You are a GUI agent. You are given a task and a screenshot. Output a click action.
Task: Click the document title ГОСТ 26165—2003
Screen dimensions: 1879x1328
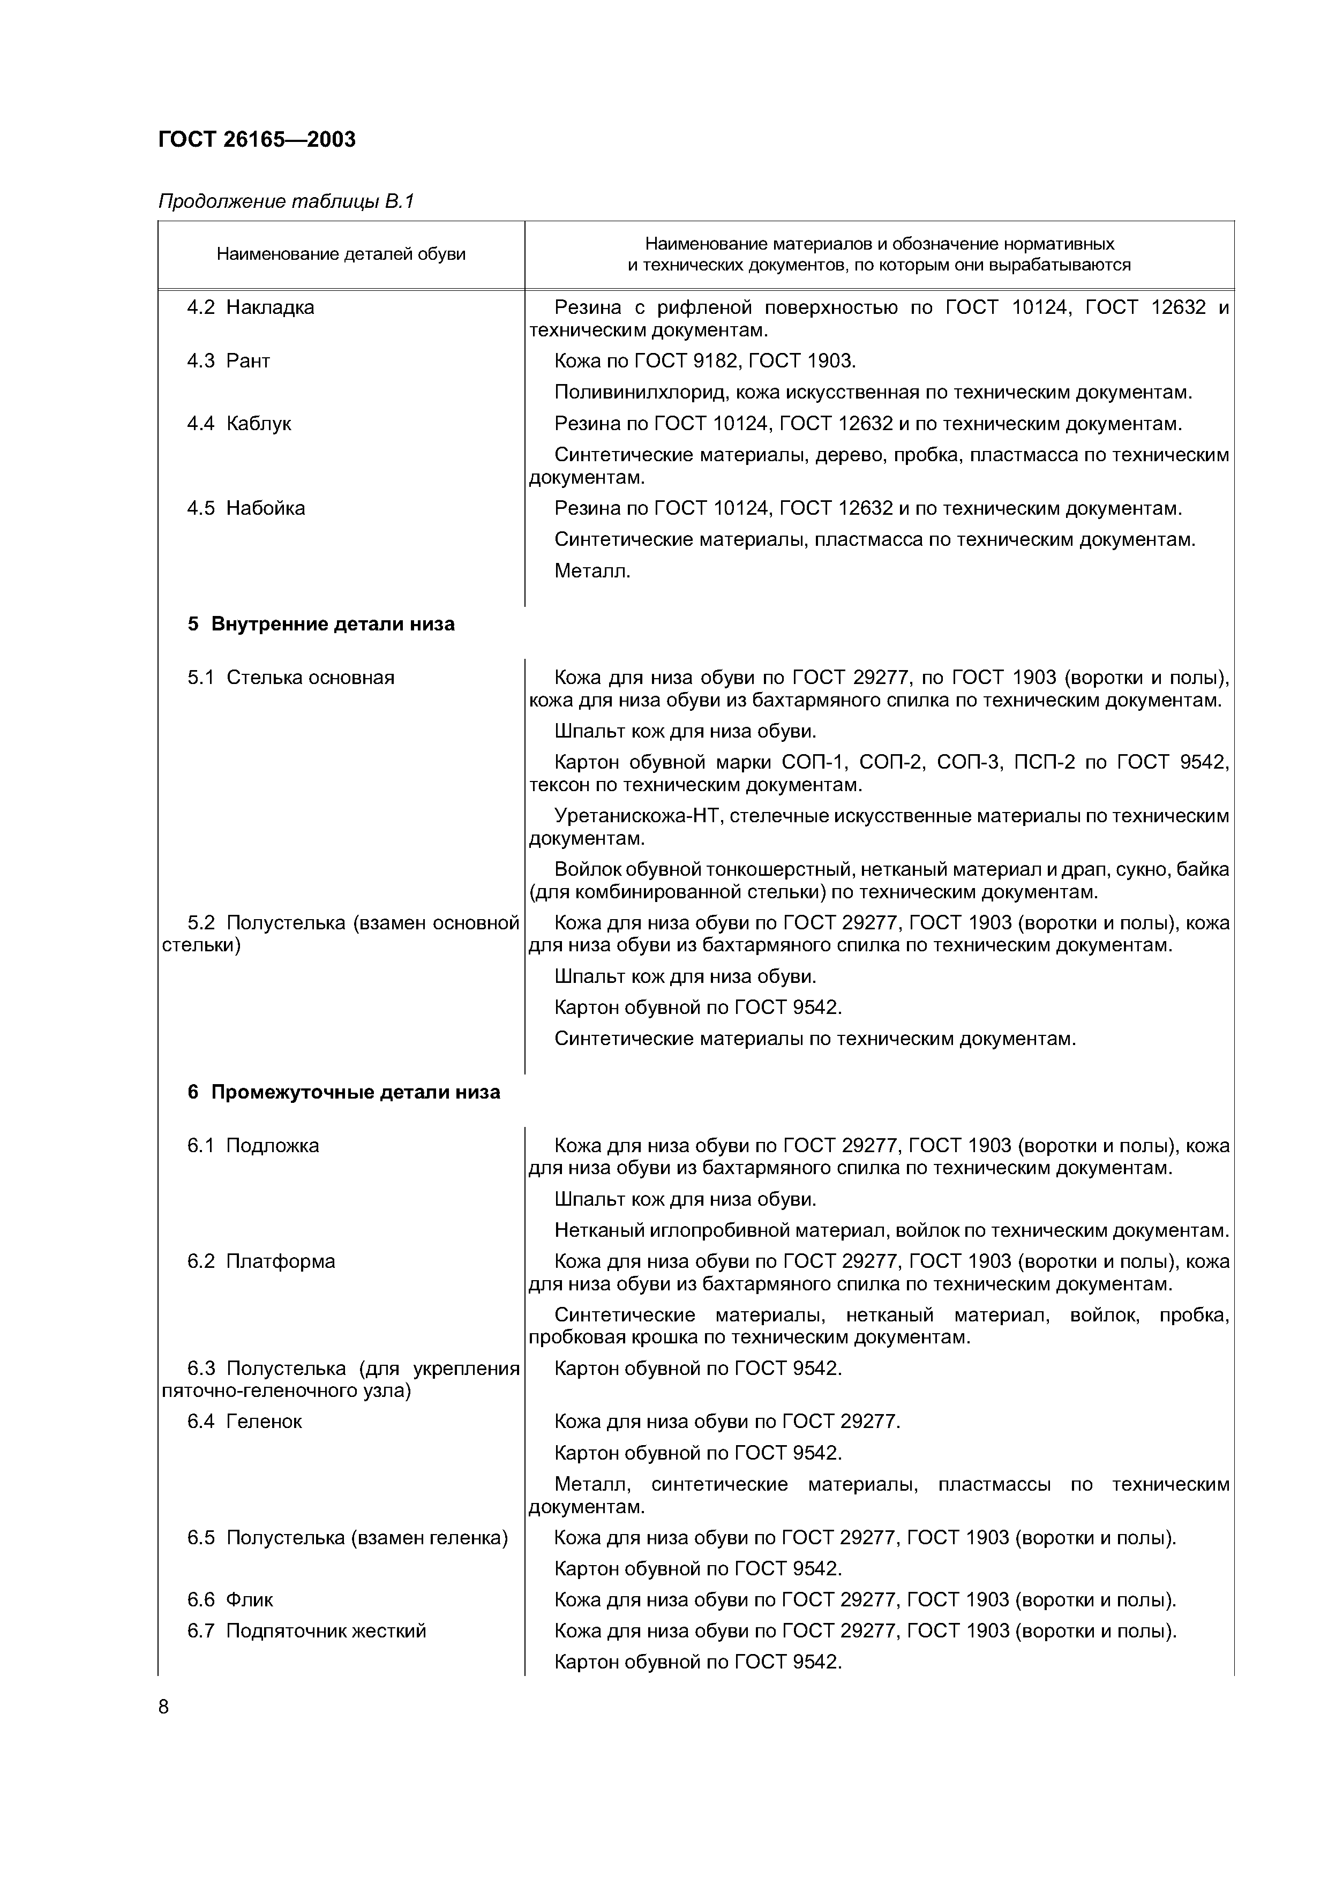pyautogui.click(x=256, y=140)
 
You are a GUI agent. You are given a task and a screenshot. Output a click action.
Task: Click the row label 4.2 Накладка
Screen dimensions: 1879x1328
pyautogui.click(x=250, y=307)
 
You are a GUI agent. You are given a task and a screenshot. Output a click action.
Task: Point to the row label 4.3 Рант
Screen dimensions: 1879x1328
pyautogui.click(x=228, y=361)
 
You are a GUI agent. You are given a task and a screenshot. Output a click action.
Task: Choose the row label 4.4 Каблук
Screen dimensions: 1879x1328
pyautogui.click(x=239, y=424)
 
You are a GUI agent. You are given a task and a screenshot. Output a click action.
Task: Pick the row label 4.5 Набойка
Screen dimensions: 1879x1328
pyautogui.click(x=245, y=508)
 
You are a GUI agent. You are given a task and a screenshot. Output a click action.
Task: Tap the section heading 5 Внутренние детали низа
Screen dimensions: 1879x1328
pyautogui.click(x=321, y=625)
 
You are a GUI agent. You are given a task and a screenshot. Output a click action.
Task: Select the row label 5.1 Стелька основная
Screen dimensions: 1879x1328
pyautogui.click(x=290, y=678)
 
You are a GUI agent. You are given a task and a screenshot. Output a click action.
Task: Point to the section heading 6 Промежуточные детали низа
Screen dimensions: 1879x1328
pyautogui.click(x=344, y=1093)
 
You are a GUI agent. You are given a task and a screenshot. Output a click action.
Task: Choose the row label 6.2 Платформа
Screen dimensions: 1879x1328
pyautogui.click(x=261, y=1261)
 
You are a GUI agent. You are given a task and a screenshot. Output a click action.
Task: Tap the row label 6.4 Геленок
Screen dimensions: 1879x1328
pyautogui.click(x=244, y=1422)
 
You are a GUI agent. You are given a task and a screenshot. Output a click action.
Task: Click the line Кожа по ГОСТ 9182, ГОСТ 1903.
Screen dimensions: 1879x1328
pyautogui.click(x=704, y=361)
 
